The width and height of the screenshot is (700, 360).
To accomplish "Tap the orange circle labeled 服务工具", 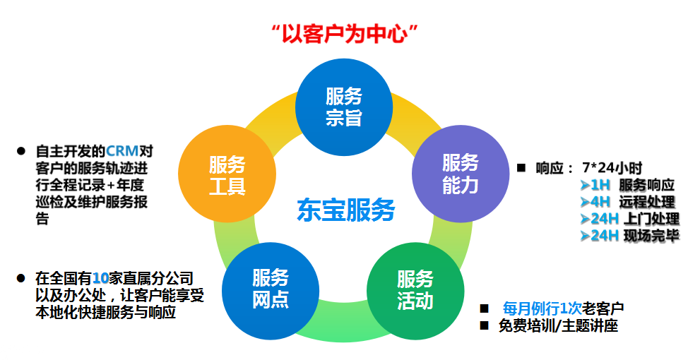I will tap(226, 175).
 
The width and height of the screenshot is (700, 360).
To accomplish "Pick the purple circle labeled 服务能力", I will tap(460, 174).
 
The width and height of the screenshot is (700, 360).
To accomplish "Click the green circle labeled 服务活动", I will tap(415, 289).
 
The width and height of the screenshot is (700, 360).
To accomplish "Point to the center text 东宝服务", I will tap(345, 210).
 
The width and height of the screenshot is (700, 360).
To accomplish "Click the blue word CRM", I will tap(122, 152).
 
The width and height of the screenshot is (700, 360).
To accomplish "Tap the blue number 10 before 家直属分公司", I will tap(100, 277).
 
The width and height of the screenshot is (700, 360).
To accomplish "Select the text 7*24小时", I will tap(612, 168).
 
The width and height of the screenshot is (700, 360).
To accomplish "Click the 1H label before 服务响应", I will tap(600, 185).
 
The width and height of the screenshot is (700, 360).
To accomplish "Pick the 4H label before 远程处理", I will tap(600, 202).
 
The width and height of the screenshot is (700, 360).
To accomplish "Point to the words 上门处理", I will tap(651, 219).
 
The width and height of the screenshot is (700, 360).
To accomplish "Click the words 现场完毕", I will tap(651, 236).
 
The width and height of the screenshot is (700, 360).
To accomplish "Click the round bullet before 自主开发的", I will tap(21, 151).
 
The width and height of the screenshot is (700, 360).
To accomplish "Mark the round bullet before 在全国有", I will tap(21, 278).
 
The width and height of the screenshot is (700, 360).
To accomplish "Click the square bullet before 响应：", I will tap(522, 168).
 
